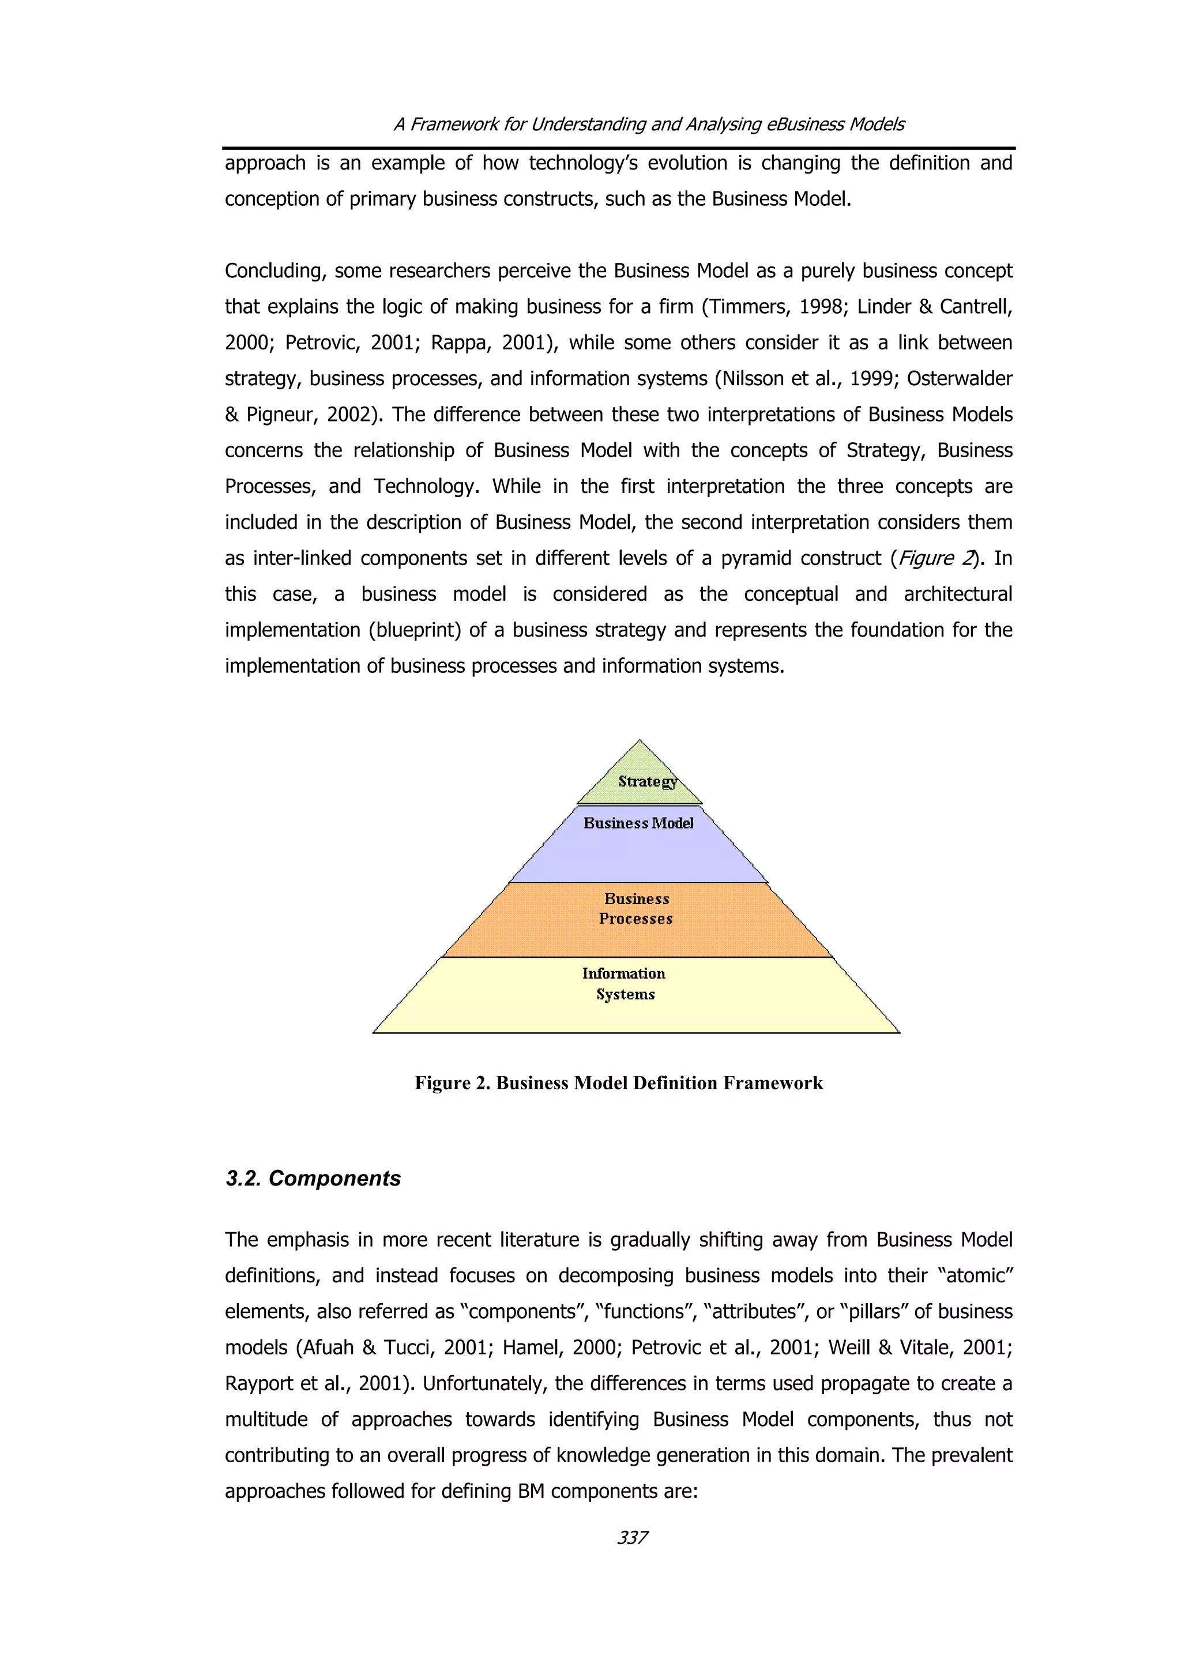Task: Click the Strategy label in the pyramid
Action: (647, 782)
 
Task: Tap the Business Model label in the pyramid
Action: (638, 823)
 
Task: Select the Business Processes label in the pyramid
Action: (636, 908)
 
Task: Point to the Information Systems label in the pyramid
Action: (625, 983)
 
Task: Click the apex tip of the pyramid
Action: (640, 742)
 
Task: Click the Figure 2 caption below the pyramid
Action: (619, 1083)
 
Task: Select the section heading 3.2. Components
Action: (313, 1178)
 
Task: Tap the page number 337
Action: (631, 1538)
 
